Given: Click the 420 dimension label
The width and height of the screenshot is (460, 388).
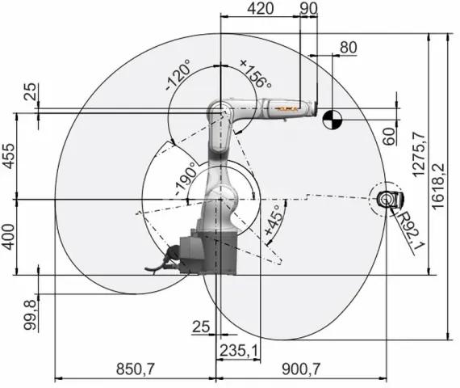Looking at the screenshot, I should tap(260, 9).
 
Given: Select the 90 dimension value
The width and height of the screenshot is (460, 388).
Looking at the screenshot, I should tap(307, 9).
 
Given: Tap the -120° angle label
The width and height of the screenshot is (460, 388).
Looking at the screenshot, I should tap(179, 79).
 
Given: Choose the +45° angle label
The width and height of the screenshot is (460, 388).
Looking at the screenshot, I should tap(274, 229).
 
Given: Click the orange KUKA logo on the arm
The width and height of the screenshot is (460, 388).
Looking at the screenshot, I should tap(286, 107).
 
